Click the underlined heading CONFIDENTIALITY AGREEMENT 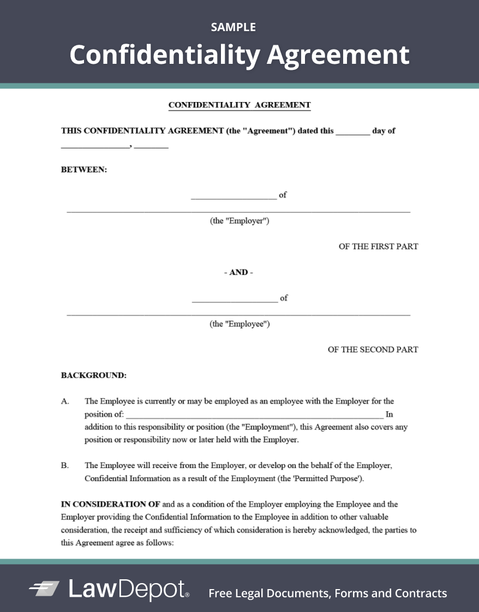click(239, 105)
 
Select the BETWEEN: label click(84, 170)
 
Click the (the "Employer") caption click(239, 221)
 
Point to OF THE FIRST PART click(378, 247)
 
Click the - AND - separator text click(239, 272)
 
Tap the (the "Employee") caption click(239, 324)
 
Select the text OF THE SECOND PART click(373, 350)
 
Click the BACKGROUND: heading click(94, 375)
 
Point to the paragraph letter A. click(65, 401)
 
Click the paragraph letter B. click(65, 466)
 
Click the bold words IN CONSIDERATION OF click(110, 505)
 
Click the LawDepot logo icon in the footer click(44, 589)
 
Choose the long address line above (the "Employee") click(238, 315)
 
